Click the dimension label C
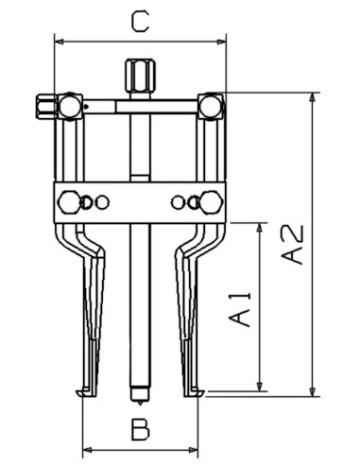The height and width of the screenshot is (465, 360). [x=139, y=21]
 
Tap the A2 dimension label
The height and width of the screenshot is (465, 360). [x=295, y=244]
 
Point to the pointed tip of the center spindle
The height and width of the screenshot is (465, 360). [x=135, y=390]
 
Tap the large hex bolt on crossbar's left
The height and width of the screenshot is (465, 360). [x=68, y=201]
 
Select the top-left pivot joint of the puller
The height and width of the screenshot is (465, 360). [x=68, y=106]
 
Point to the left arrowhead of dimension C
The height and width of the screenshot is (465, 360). [x=58, y=41]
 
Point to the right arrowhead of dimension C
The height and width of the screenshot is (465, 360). [x=225, y=41]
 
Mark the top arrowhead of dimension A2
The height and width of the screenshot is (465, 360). [x=311, y=95]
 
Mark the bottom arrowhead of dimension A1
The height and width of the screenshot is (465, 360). [x=258, y=389]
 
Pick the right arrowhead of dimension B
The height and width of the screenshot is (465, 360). [x=199, y=449]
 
